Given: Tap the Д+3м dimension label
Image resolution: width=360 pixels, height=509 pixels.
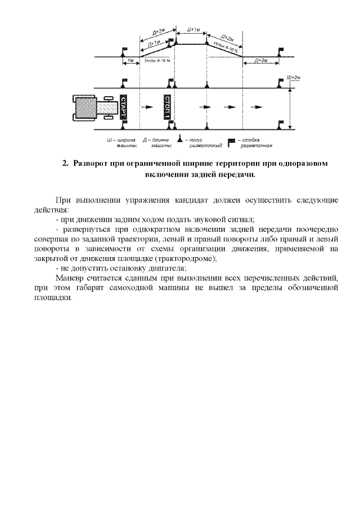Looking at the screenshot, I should pos(260,60).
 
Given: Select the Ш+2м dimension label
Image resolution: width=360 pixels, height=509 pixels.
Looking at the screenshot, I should pos(294,78).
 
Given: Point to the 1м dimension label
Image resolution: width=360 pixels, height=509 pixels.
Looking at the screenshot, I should pos(131,60).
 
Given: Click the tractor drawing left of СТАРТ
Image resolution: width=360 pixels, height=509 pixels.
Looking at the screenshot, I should pos(93,107).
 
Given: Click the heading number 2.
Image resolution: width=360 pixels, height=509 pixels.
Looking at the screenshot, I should pos(65,163).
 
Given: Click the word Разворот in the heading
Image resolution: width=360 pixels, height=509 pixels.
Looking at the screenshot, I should pos(92,163).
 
